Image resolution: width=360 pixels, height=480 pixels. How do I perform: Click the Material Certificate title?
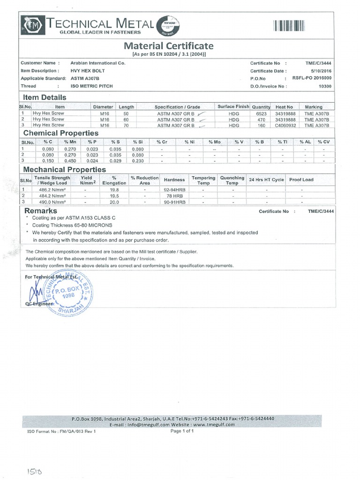[168, 46]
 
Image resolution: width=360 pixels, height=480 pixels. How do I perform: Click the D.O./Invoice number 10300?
[325, 86]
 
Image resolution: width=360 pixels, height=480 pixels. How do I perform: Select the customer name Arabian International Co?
[97, 63]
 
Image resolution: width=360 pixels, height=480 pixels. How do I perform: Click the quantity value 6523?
[261, 113]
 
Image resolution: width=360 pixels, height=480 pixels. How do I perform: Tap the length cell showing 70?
[126, 125]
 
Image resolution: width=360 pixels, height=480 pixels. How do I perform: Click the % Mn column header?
[69, 142]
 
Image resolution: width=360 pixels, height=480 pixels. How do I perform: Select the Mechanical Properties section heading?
[65, 169]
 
